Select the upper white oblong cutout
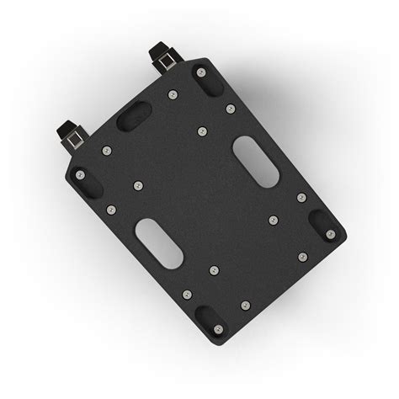[257, 161]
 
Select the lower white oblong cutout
[158, 243]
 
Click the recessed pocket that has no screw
[134, 115]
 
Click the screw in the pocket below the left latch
[80, 175]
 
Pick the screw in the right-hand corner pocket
[330, 233]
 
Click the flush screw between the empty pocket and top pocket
[173, 95]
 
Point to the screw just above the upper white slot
[230, 109]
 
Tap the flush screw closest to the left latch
[106, 151]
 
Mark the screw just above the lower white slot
[138, 185]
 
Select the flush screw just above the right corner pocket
[301, 198]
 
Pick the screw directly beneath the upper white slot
[273, 220]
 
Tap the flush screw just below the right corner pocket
[302, 257]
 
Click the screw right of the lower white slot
[214, 270]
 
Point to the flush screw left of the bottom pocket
[187, 294]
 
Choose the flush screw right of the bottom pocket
[245, 305]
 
